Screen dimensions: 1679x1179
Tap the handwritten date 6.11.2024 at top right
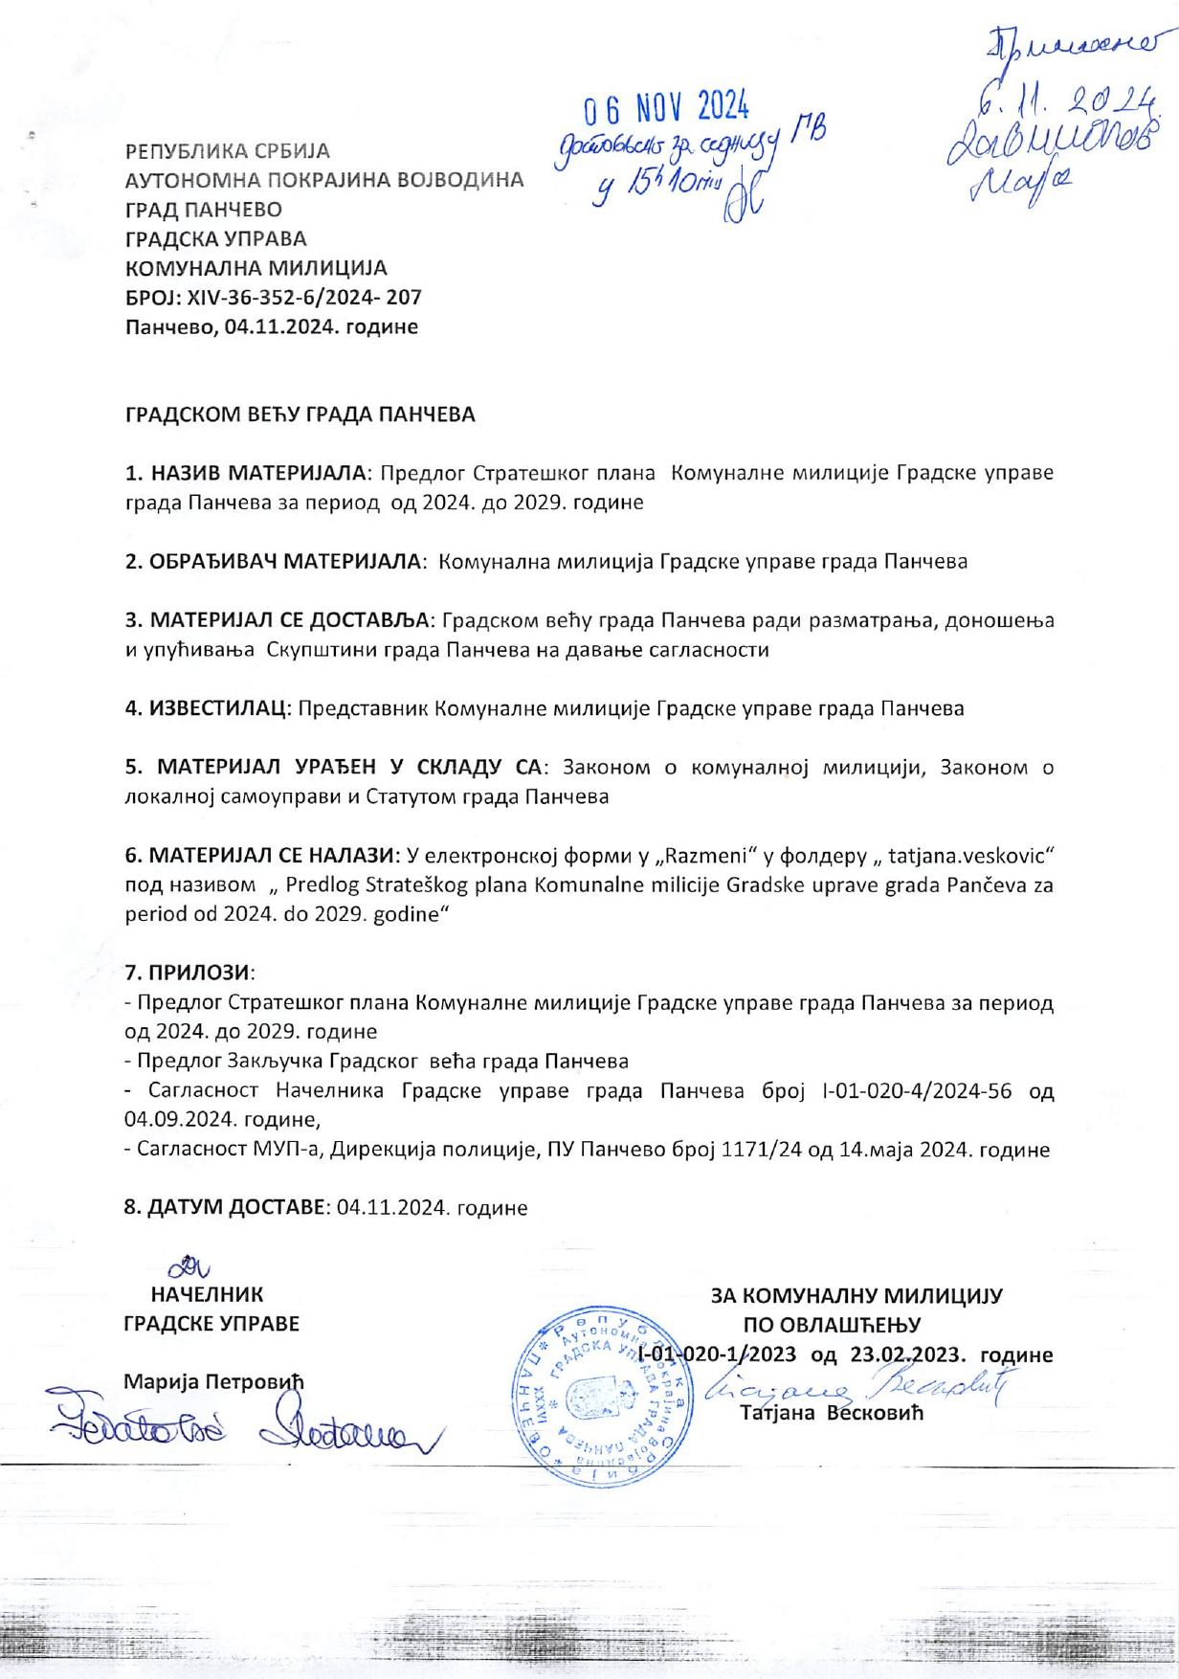1063,98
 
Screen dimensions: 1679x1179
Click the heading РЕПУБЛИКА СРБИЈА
228,151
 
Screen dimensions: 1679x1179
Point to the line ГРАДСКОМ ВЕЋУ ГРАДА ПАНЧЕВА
300,414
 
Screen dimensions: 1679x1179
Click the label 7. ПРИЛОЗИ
189,973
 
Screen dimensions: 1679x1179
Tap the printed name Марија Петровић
213,1382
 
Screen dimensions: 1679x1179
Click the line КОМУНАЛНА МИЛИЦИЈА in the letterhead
256,268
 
